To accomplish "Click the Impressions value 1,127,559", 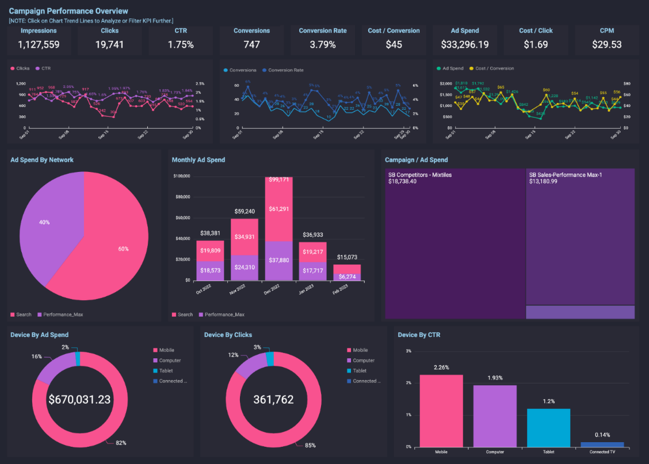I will (x=39, y=44).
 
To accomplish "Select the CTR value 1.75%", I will (x=181, y=44).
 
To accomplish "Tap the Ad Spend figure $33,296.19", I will (x=465, y=44).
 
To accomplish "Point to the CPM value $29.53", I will (x=607, y=44).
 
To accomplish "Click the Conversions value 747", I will (x=251, y=44).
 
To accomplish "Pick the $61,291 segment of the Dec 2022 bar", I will (x=278, y=209).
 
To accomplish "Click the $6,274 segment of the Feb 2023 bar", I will (x=346, y=277).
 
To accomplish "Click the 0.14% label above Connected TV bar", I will (x=602, y=435).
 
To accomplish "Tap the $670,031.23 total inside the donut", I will (x=79, y=399).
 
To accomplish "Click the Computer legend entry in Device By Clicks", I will (x=364, y=361).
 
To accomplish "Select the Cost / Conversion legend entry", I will (x=494, y=68).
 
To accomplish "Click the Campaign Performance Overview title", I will (x=68, y=11).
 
